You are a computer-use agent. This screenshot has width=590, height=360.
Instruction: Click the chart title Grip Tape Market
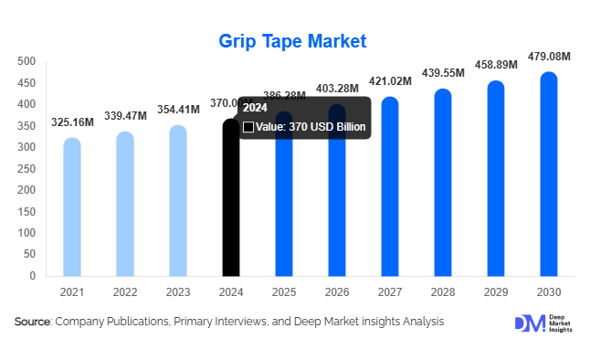point(292,41)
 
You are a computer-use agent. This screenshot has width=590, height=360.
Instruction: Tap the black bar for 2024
point(231,210)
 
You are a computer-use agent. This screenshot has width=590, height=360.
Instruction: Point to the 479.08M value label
point(548,56)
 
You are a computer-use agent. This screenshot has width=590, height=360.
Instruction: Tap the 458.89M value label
point(495,65)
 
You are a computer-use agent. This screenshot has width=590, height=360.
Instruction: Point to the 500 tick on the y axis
point(26,61)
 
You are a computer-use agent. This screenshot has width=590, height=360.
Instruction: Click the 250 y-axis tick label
point(26,168)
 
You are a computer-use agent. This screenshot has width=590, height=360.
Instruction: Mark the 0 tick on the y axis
point(32,275)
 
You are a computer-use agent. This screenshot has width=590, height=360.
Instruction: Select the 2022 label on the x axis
point(125,291)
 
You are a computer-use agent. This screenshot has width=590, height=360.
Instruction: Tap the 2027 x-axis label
point(389,291)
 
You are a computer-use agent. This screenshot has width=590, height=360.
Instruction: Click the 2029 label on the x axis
point(495,291)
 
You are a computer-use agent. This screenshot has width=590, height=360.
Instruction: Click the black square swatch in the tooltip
point(248,127)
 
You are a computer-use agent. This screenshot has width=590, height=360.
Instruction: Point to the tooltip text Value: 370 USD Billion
point(310,127)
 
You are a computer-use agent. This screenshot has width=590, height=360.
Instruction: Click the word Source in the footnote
point(33,322)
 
